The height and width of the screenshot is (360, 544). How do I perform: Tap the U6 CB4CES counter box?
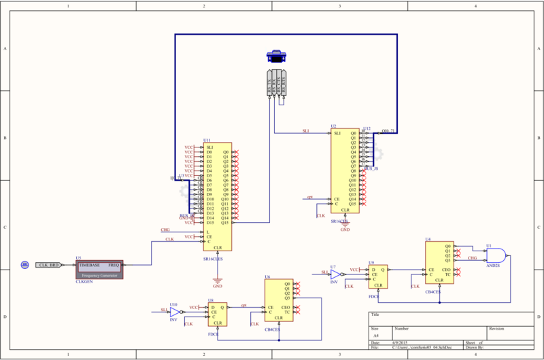[278, 301]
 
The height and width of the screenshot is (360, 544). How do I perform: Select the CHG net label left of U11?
[165, 231]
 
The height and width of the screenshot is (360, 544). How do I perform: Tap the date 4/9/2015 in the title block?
[401, 343]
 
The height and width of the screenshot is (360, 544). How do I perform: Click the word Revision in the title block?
[496, 327]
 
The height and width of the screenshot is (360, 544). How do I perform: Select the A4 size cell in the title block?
[375, 336]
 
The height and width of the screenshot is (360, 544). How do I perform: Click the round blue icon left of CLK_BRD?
[24, 264]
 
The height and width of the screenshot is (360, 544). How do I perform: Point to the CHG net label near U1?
[473, 258]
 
